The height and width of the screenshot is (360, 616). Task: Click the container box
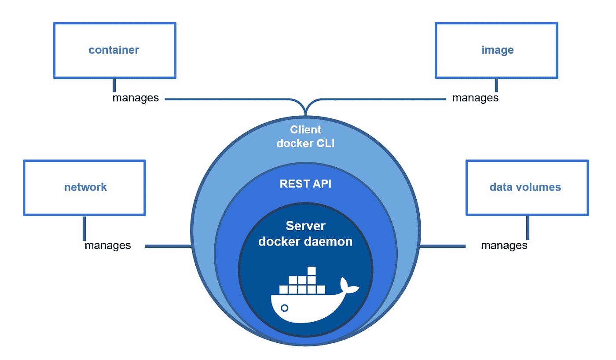point(114,50)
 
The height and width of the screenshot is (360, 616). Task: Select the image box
point(497,50)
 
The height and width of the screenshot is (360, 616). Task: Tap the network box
point(84,187)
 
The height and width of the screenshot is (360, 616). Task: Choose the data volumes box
point(527,187)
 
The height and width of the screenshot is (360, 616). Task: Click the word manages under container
point(136,98)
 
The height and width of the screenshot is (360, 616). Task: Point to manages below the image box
point(475,98)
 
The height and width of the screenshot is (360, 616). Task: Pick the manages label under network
point(108,245)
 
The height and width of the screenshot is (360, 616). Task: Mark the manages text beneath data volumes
point(504,245)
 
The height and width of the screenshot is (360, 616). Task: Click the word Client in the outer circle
point(306,130)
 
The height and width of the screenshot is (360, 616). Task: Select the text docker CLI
point(306,143)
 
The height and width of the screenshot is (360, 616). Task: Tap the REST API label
point(306,184)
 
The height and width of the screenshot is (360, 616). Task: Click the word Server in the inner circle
point(306,226)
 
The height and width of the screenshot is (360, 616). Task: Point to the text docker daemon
point(306,241)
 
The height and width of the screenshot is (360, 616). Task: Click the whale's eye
point(285,308)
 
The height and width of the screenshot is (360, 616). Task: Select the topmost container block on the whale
point(312,270)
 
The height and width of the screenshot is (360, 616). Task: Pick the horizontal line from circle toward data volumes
point(443,246)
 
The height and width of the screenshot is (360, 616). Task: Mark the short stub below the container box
point(114,85)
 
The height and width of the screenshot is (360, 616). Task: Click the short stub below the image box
point(497,85)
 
